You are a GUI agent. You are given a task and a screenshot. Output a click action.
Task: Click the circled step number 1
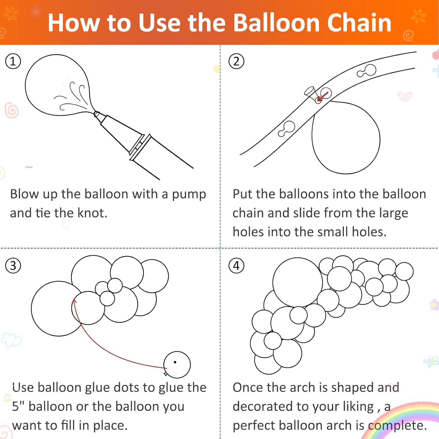coord(13,61)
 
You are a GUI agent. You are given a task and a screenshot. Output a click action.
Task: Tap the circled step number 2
coord(236,61)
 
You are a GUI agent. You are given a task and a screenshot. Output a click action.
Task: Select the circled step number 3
coord(13,266)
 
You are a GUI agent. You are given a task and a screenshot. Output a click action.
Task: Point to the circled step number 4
coord(236,266)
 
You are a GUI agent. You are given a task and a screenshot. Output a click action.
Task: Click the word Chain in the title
coord(359,23)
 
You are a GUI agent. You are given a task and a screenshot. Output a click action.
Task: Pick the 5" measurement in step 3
coord(18,406)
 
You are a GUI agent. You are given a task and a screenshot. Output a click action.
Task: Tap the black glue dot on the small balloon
coord(175,362)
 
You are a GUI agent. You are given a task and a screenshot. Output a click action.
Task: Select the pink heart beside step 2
coord(405,96)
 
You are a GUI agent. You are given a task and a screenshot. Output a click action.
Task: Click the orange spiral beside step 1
coord(12,110)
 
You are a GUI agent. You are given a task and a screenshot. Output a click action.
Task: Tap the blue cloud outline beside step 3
coord(11,340)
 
